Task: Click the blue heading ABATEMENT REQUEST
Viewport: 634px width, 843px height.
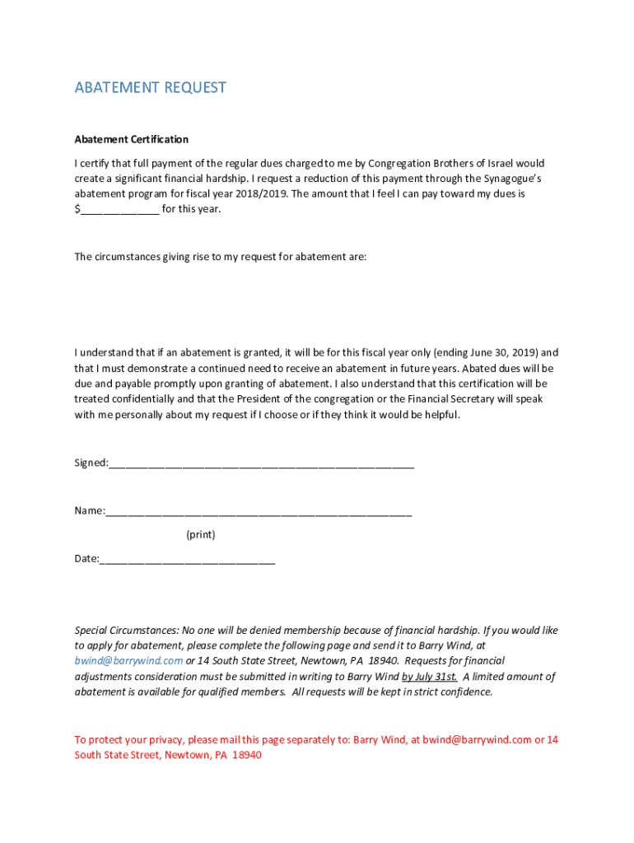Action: click(x=150, y=87)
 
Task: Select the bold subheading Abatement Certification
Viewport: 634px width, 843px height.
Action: click(x=131, y=139)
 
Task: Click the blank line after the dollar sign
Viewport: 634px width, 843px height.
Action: click(x=119, y=210)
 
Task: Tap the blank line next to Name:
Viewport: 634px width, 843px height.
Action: click(x=259, y=512)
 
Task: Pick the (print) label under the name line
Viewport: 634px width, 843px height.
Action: click(x=200, y=535)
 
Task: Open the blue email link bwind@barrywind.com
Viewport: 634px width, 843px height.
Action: click(x=128, y=661)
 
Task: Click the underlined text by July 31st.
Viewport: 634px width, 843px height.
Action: click(x=429, y=677)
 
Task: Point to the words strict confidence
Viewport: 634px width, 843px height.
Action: click(x=456, y=692)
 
